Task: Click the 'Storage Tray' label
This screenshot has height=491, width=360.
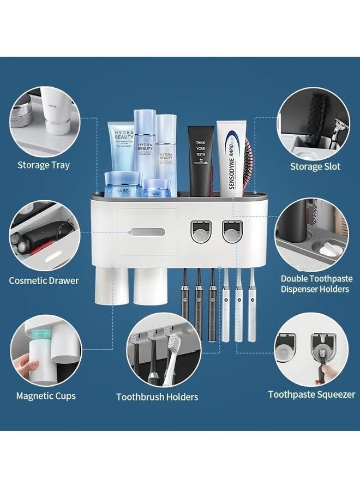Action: pyautogui.click(x=44, y=165)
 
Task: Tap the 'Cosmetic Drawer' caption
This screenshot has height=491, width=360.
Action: pyautogui.click(x=44, y=280)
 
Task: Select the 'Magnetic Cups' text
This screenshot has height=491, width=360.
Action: pyautogui.click(x=46, y=396)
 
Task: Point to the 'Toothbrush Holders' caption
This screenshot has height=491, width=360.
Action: pyautogui.click(x=157, y=397)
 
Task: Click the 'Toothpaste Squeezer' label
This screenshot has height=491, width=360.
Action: pyautogui.click(x=311, y=394)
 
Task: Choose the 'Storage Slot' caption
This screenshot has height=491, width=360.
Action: pyautogui.click(x=315, y=166)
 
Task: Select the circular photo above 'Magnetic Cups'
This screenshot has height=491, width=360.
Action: pyautogui.click(x=46, y=350)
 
